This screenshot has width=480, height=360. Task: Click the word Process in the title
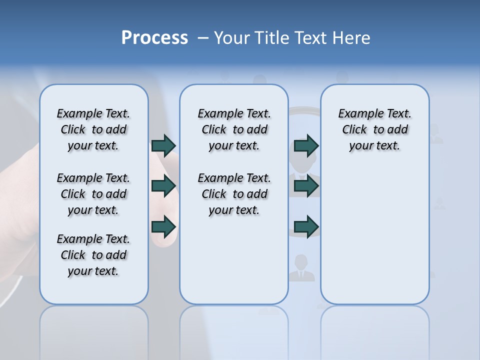pyautogui.click(x=154, y=38)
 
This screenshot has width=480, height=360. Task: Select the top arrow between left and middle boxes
pyautogui.click(x=163, y=145)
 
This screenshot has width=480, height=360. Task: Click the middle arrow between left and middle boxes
pyautogui.click(x=163, y=186)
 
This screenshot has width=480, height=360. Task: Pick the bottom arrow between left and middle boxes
pyautogui.click(x=163, y=226)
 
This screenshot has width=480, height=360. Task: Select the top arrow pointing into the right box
pyautogui.click(x=306, y=145)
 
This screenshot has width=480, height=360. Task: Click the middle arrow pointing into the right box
pyautogui.click(x=306, y=186)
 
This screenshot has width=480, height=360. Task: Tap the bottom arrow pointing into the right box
pyautogui.click(x=306, y=226)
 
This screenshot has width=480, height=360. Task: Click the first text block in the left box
pyautogui.click(x=93, y=129)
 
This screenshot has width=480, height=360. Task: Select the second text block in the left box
pyautogui.click(x=93, y=194)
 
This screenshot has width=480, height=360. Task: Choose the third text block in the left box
pyautogui.click(x=93, y=255)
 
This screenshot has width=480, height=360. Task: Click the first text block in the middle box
pyautogui.click(x=234, y=129)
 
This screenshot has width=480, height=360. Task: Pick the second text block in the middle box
pyautogui.click(x=234, y=194)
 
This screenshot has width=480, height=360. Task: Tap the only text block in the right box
pyautogui.click(x=375, y=129)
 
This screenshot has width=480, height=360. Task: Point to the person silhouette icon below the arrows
pyautogui.click(x=301, y=268)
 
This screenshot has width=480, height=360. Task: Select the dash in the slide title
pyautogui.click(x=203, y=38)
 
